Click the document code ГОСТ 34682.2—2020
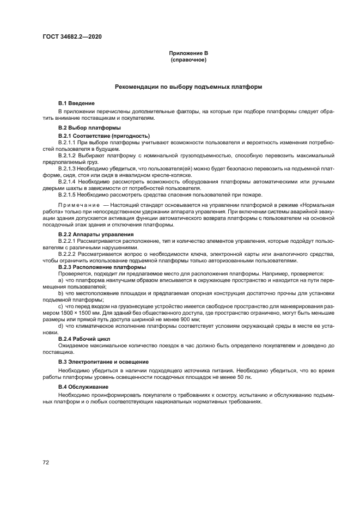pos(72,36)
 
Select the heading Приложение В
pos(188,53)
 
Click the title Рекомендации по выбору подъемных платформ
pos(188,87)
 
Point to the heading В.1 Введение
pos(76,103)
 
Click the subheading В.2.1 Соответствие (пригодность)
pos(104,135)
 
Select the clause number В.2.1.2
pos(69,155)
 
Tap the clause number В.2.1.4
pos(69,182)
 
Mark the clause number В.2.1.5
pos(69,195)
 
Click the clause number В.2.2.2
pos(69,254)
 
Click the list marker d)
pos(60,326)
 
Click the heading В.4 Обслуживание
pos(83,387)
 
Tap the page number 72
pos(46,462)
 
